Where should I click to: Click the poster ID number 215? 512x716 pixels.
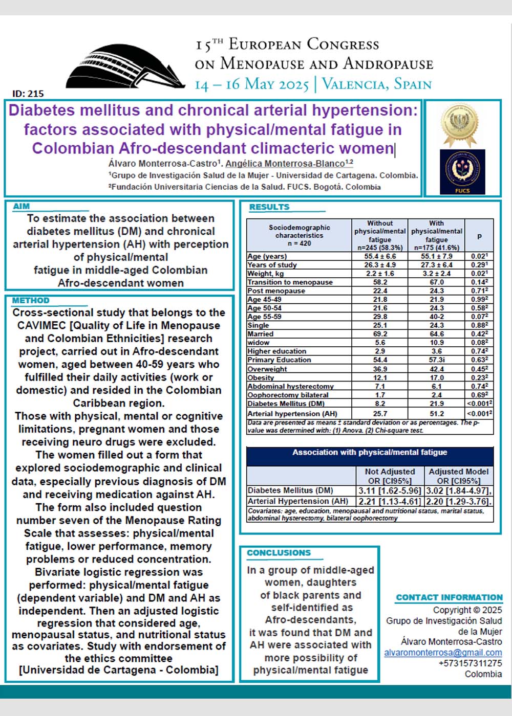[x=28, y=94]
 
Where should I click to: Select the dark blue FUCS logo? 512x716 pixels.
[x=462, y=172]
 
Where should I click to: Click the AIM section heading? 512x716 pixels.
[x=22, y=206]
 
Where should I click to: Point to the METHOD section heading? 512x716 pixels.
[x=31, y=300]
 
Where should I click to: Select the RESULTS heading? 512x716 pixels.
[x=269, y=207]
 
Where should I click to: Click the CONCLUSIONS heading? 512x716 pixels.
[x=279, y=553]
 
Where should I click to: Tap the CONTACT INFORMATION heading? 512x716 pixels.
[x=449, y=597]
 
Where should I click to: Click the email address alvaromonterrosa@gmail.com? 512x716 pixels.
[x=443, y=653]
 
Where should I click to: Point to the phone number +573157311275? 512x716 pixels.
[x=470, y=663]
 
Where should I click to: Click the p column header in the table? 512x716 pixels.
[x=480, y=236]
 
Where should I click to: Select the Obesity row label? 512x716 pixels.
[x=261, y=377]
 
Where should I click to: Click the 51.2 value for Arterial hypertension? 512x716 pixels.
[x=437, y=413]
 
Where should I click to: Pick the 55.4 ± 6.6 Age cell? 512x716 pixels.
[x=380, y=256]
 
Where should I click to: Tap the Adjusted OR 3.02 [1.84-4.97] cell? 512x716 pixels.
[x=459, y=490]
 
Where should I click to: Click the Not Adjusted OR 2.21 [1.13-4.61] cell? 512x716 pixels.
[x=390, y=501]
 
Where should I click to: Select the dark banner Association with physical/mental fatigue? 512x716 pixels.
[x=370, y=452]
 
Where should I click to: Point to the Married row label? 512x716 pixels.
[x=260, y=334]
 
